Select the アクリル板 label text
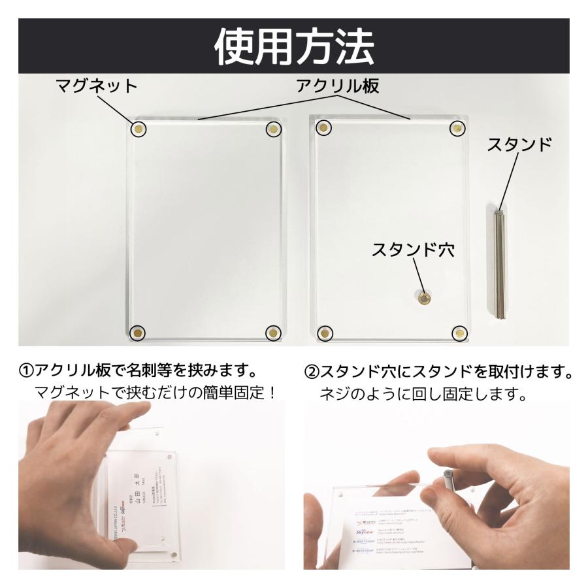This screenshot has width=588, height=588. pyautogui.click(x=338, y=86)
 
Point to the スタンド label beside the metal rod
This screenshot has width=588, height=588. pyautogui.click(x=519, y=146)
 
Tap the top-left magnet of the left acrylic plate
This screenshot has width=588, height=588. pyautogui.click(x=139, y=129)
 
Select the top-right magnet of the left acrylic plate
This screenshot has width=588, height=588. pyautogui.click(x=273, y=129)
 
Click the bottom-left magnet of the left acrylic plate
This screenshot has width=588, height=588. pyautogui.click(x=138, y=333)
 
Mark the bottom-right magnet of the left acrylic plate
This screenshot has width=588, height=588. pyautogui.click(x=273, y=333)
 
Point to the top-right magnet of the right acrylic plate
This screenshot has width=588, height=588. pyautogui.click(x=457, y=129)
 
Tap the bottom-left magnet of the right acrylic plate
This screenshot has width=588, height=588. pyautogui.click(x=323, y=333)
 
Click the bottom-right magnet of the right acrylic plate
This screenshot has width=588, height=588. pyautogui.click(x=461, y=333)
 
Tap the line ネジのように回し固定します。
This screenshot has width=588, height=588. pyautogui.click(x=423, y=395)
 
